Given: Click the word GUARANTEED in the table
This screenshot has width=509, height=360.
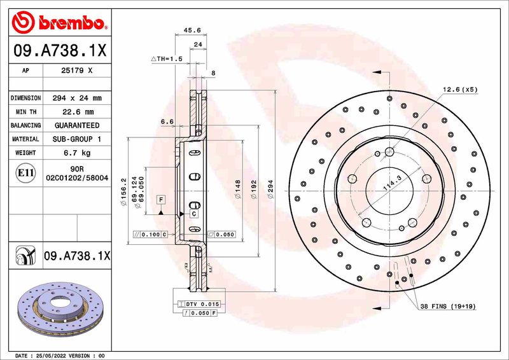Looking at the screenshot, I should point(77,125).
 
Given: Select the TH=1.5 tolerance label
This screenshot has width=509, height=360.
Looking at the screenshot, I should point(167,59).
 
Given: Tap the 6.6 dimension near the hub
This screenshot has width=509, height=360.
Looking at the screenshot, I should point(167,121).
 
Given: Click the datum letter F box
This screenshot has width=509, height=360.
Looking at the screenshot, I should point(162,200).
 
